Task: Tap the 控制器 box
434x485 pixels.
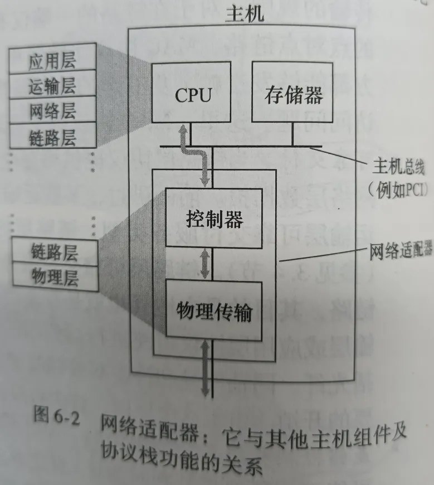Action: (214, 219)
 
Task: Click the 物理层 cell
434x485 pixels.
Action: (55, 277)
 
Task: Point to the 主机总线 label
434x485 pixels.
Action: (398, 166)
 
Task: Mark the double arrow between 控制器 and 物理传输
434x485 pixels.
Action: (207, 263)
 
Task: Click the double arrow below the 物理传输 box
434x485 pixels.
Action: (206, 368)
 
